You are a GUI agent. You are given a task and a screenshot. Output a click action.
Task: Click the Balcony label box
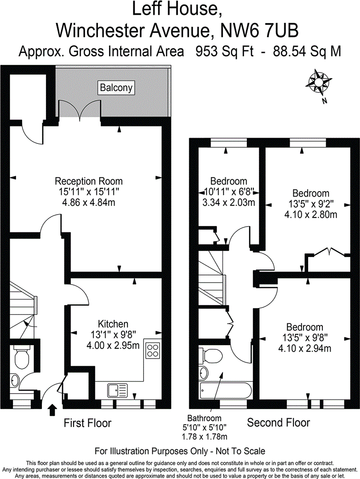117,87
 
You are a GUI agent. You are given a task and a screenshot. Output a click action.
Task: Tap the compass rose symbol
318,83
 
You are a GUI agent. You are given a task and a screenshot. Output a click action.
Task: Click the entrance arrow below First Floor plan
52,407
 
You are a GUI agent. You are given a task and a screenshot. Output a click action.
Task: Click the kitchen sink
117,390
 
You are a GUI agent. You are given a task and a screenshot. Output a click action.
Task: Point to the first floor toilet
21,358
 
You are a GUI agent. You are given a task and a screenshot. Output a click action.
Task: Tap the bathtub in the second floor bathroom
225,391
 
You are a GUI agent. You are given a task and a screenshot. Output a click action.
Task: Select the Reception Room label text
89,181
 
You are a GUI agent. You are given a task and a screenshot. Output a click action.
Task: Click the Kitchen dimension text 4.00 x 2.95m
114,345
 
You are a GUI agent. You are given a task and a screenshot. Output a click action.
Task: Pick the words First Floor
87,423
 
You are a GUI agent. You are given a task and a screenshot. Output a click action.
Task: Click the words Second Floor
279,422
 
